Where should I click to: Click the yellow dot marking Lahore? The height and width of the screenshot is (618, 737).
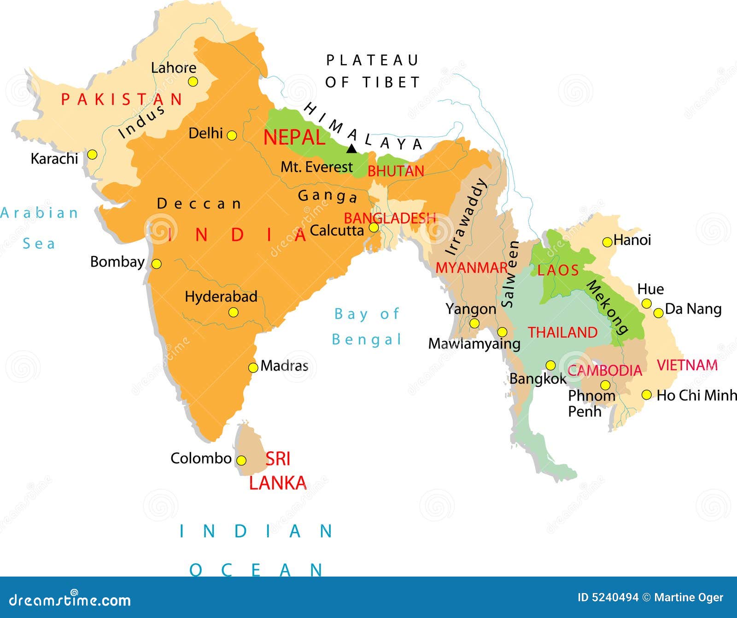[193, 82]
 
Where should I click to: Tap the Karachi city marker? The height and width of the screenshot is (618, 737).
[92, 154]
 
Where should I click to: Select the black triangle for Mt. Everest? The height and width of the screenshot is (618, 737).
[351, 149]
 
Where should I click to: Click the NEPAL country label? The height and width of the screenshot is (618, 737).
[294, 137]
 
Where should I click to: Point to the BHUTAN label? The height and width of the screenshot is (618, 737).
[395, 171]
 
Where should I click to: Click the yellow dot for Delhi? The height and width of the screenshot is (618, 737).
[232, 135]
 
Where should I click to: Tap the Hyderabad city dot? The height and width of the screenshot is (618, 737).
[234, 313]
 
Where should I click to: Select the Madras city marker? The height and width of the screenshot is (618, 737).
[253, 367]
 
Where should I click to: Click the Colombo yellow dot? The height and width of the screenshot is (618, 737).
[241, 461]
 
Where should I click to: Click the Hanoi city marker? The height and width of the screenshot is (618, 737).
[607, 242]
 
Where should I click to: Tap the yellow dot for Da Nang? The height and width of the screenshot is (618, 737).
[659, 313]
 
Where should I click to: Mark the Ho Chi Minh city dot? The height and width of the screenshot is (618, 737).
[646, 395]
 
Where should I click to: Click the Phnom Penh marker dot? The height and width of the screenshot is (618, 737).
[605, 385]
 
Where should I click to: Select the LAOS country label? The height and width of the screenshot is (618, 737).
[558, 270]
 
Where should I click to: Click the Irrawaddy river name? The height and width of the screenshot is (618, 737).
[466, 216]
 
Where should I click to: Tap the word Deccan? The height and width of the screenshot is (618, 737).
[199, 204]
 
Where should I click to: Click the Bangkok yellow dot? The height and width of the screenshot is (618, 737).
[550, 366]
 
